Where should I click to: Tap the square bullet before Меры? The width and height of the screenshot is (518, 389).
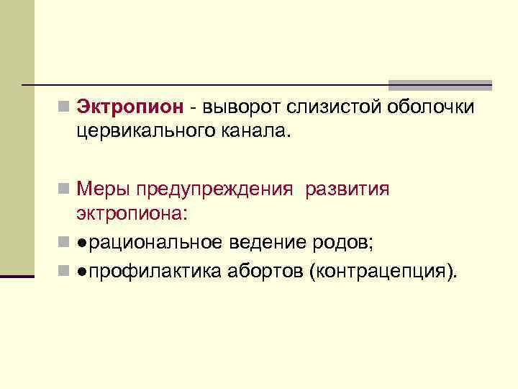(x=64, y=190)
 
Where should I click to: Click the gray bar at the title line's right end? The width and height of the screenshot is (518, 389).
(x=440, y=84)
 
